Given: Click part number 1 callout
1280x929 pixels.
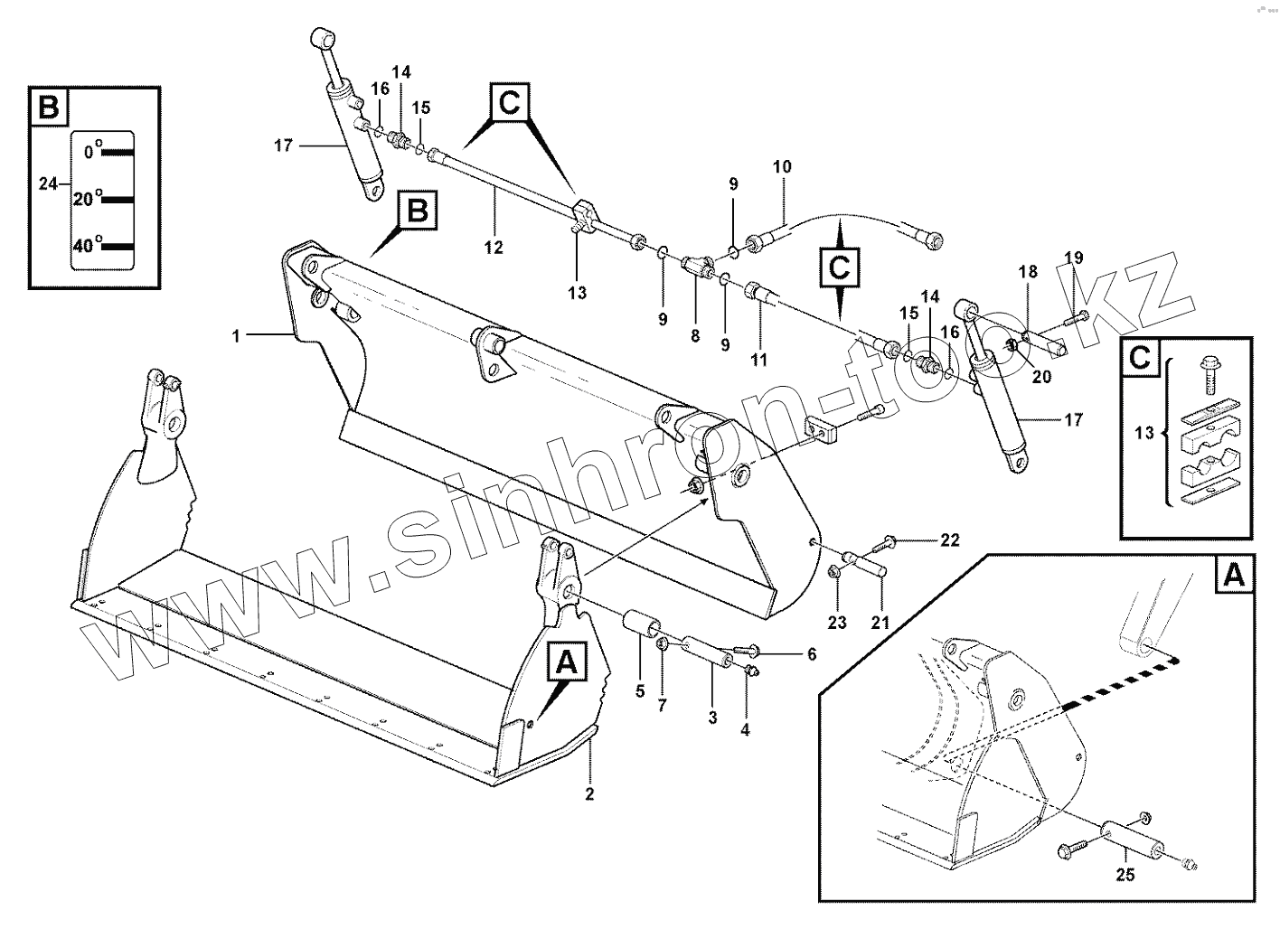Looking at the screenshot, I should point(236,336).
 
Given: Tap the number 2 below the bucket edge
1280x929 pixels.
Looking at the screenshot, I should point(589,794).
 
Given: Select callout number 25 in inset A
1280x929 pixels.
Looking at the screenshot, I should point(1125,875).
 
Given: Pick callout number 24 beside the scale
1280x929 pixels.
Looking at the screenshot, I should point(48,183).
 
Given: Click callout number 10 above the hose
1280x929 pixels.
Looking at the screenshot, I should point(782,166).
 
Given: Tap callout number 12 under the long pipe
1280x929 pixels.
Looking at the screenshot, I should point(494,247).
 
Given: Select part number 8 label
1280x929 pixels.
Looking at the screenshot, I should point(694,336).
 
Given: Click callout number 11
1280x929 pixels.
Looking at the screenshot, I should point(758,359).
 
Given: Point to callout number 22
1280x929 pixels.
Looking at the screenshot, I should point(949,540).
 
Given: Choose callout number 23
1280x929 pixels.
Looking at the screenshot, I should point(837,623).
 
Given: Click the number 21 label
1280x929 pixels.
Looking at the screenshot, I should point(880,623).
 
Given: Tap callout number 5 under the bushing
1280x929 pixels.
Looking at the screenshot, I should point(640,692).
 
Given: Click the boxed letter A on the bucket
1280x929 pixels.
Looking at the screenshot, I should point(566,663).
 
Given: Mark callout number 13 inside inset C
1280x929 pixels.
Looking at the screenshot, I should point(1144,434).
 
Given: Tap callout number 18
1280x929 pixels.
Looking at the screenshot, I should point(1028,272).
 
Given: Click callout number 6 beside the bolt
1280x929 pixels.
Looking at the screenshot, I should point(811,653).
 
